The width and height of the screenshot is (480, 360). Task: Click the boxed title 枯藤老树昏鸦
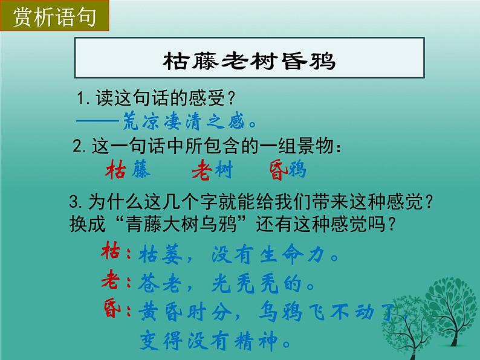tap(249, 61)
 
